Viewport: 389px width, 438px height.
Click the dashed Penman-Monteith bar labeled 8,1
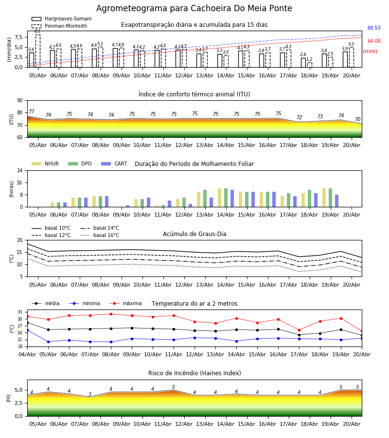38,51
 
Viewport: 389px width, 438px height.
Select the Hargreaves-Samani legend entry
61,18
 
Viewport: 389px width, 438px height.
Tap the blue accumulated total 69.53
374,28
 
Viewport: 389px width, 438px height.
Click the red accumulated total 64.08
374,41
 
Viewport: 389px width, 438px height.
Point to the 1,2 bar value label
309,59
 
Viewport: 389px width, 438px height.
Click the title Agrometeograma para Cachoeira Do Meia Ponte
194,8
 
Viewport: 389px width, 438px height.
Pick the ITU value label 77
32,112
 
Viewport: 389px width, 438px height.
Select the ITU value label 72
300,117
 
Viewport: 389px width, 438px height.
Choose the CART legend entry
114,164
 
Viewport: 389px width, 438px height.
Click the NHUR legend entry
45,164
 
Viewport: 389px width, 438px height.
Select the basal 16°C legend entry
100,235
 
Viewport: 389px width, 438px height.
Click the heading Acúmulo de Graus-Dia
194,234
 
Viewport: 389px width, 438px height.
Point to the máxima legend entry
125,303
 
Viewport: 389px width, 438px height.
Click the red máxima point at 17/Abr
299,330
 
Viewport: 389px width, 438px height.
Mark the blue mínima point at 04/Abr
27,330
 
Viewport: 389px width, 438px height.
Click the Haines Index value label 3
90,394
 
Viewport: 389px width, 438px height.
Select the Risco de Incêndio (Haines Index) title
194,373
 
